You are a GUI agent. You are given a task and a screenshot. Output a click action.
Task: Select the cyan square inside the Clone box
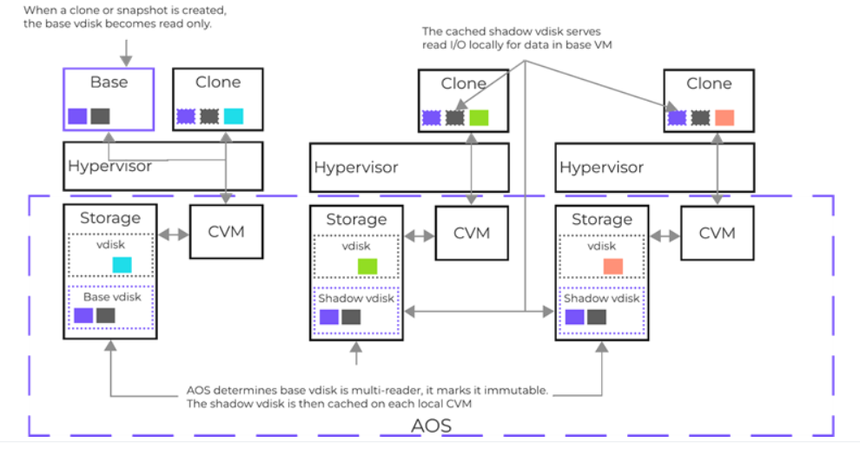[234, 116]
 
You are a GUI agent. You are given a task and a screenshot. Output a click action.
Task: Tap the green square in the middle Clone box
[480, 117]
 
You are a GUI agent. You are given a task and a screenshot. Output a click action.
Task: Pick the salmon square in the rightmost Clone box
[724, 117]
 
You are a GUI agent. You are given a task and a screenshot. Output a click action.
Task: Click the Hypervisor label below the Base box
[109, 166]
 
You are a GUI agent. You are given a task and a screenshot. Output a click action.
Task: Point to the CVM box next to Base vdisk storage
[225, 232]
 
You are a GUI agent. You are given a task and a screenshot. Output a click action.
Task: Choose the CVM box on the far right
[717, 233]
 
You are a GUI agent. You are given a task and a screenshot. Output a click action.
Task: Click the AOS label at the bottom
[432, 427]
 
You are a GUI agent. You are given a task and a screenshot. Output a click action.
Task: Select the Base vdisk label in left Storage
[109, 297]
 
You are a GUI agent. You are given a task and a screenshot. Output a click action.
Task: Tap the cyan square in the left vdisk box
[122, 265]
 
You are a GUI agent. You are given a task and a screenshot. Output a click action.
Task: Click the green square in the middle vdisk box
[367, 266]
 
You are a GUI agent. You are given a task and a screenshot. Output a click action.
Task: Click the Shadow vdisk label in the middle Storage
[356, 298]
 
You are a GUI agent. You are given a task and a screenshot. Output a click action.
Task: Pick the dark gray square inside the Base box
[100, 116]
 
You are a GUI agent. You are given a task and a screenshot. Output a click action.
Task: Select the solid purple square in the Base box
[77, 116]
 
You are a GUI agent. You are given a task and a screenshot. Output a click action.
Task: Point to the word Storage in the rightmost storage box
[602, 220]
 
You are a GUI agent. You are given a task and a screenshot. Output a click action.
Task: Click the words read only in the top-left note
[190, 23]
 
